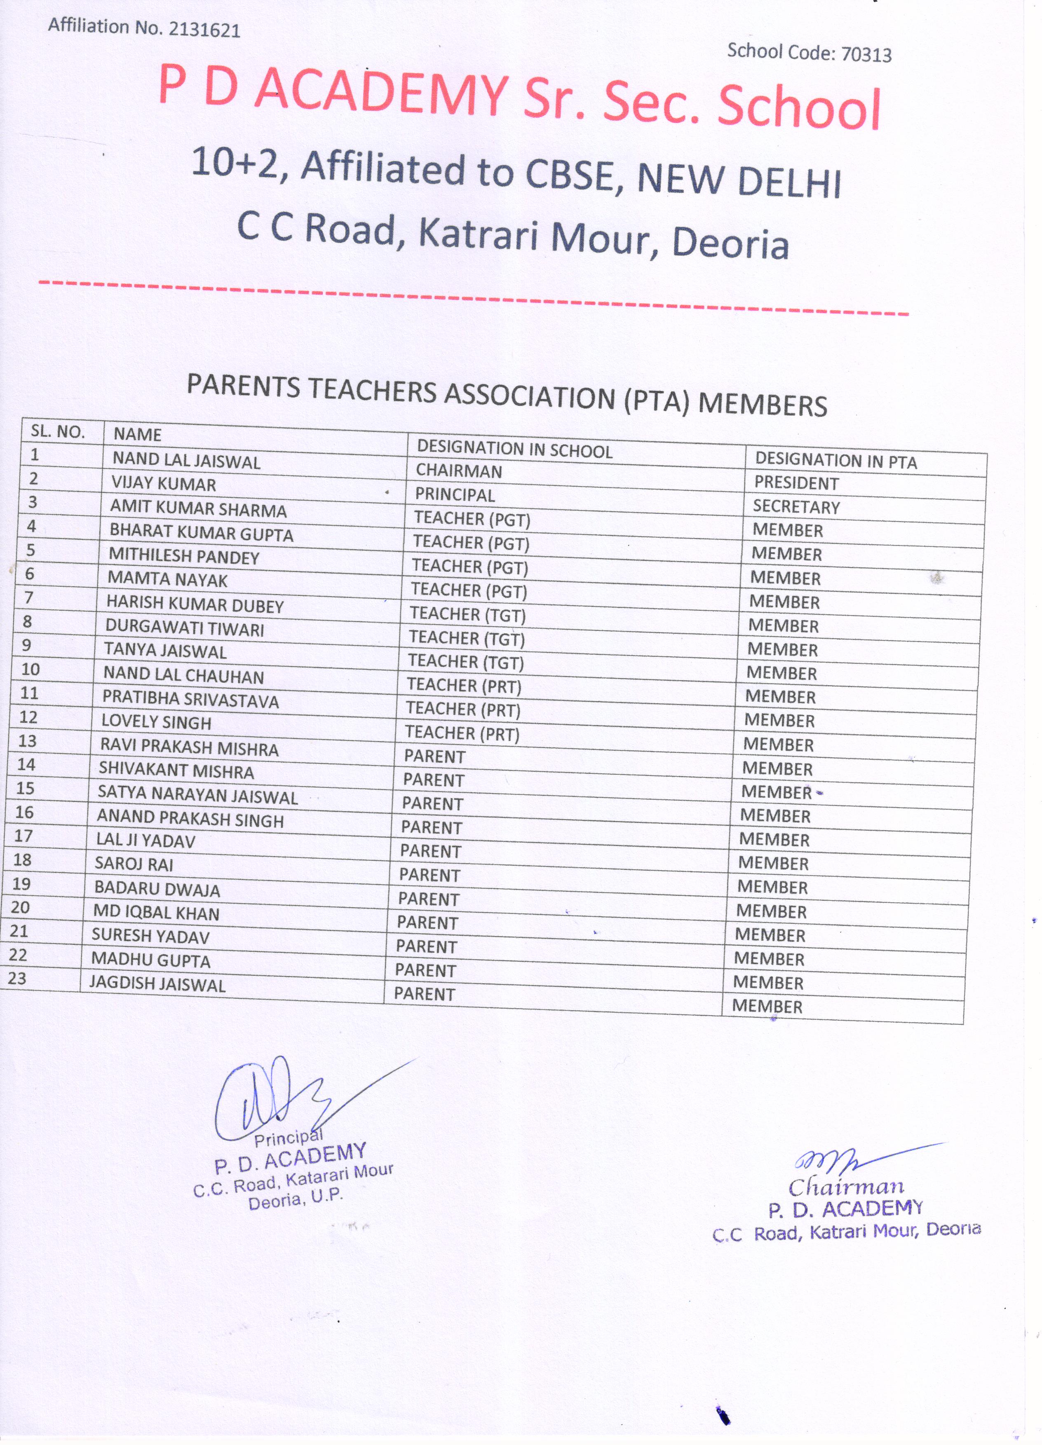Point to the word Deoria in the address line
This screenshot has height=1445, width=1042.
click(x=730, y=243)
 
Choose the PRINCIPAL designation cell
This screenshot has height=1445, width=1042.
click(x=454, y=494)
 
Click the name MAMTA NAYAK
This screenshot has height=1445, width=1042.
click(x=167, y=579)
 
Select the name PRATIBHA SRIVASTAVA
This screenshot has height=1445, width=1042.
click(x=190, y=699)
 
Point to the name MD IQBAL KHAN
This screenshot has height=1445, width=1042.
click(x=156, y=912)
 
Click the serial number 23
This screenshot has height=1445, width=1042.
click(x=17, y=978)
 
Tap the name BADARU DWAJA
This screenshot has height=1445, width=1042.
click(x=157, y=889)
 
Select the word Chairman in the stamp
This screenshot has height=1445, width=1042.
click(x=846, y=1186)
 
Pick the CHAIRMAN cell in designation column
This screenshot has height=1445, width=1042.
click(x=458, y=471)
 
